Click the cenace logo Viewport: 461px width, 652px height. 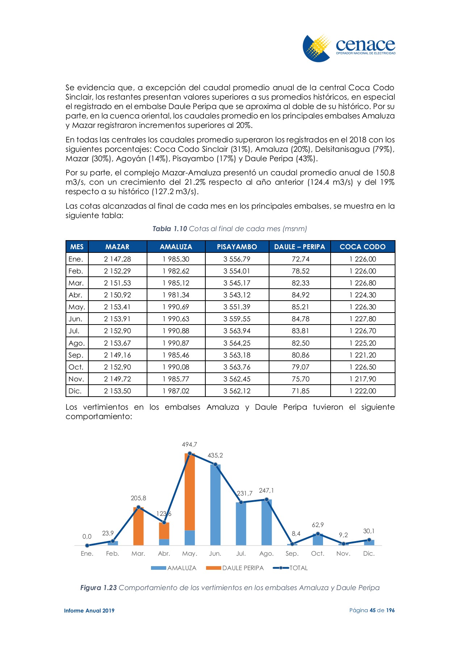pos(349,48)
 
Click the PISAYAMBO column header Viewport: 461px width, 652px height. pos(237,247)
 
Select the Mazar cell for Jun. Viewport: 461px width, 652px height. pos(117,319)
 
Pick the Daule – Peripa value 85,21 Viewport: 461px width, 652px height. pos(300,307)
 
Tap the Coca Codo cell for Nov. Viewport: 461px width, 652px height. pos(362,379)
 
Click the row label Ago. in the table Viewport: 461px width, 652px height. pos(76,343)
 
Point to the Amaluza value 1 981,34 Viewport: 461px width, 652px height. pos(176,295)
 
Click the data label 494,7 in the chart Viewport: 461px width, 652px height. pos(189,444)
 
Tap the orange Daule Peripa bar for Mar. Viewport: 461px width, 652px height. pos(138,527)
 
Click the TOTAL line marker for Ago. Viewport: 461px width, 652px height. pos(267,500)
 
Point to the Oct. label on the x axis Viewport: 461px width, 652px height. pos(318,553)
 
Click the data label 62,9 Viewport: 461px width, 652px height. pos(318,525)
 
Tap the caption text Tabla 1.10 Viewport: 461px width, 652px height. pos(169,229)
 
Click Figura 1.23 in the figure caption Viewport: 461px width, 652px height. pos(99,588)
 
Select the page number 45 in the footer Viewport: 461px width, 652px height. pos(372,610)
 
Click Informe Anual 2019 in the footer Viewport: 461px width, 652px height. pos(89,611)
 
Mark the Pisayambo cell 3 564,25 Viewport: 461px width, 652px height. pos(237,343)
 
